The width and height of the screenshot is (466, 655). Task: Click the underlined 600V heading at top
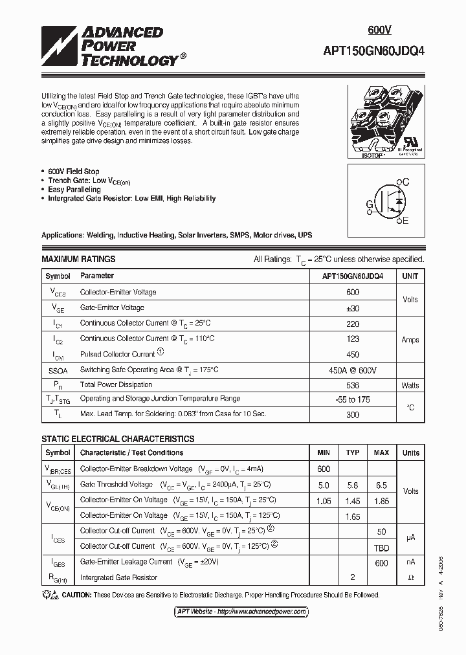pos(380,30)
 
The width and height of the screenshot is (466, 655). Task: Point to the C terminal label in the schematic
pos(405,183)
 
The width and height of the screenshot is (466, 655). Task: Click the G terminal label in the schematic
pos(370,205)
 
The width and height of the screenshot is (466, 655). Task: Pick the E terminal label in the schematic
pos(405,221)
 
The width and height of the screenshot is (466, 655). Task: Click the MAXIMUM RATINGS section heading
pos(78,259)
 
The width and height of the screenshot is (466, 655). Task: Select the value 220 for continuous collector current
pos(352,323)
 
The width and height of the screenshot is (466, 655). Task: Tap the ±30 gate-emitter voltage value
pos(352,308)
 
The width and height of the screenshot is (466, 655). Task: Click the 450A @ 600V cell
pos(352,370)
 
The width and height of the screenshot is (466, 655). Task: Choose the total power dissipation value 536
pos(352,385)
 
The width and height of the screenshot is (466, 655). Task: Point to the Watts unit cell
pos(410,385)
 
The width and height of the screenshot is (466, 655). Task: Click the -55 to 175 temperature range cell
pos(352,400)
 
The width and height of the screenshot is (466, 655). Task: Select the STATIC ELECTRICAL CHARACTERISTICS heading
pos(118,439)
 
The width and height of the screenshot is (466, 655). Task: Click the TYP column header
pos(353,453)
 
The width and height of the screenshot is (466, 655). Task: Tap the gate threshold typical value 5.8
pos(353,485)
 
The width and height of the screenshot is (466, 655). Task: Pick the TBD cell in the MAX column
pos(381,546)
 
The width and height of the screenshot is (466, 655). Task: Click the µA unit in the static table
pos(410,538)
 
